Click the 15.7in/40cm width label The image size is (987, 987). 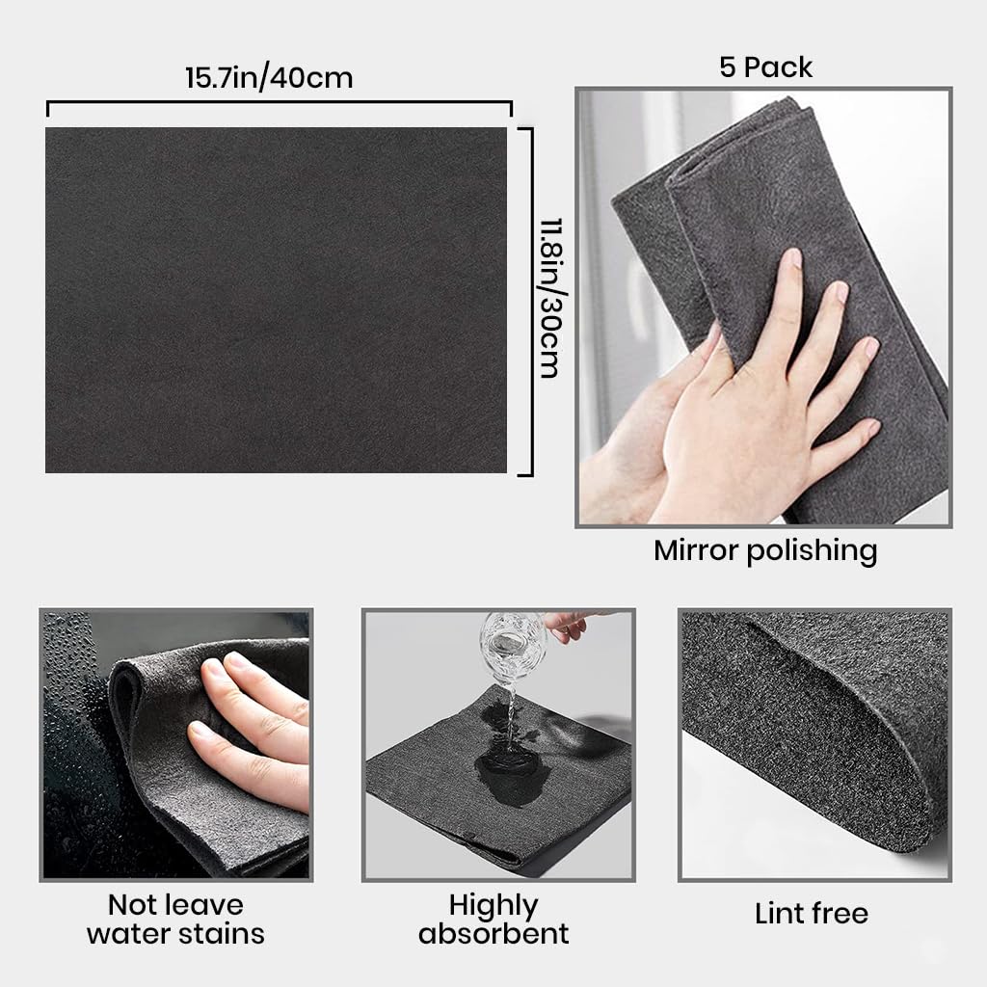(x=269, y=77)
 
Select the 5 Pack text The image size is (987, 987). (x=765, y=67)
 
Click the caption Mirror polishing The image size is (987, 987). (x=765, y=550)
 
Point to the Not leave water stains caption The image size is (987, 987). (x=175, y=919)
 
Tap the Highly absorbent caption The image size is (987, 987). (x=493, y=919)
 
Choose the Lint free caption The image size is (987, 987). (x=812, y=913)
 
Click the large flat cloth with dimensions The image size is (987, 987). (x=276, y=299)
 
